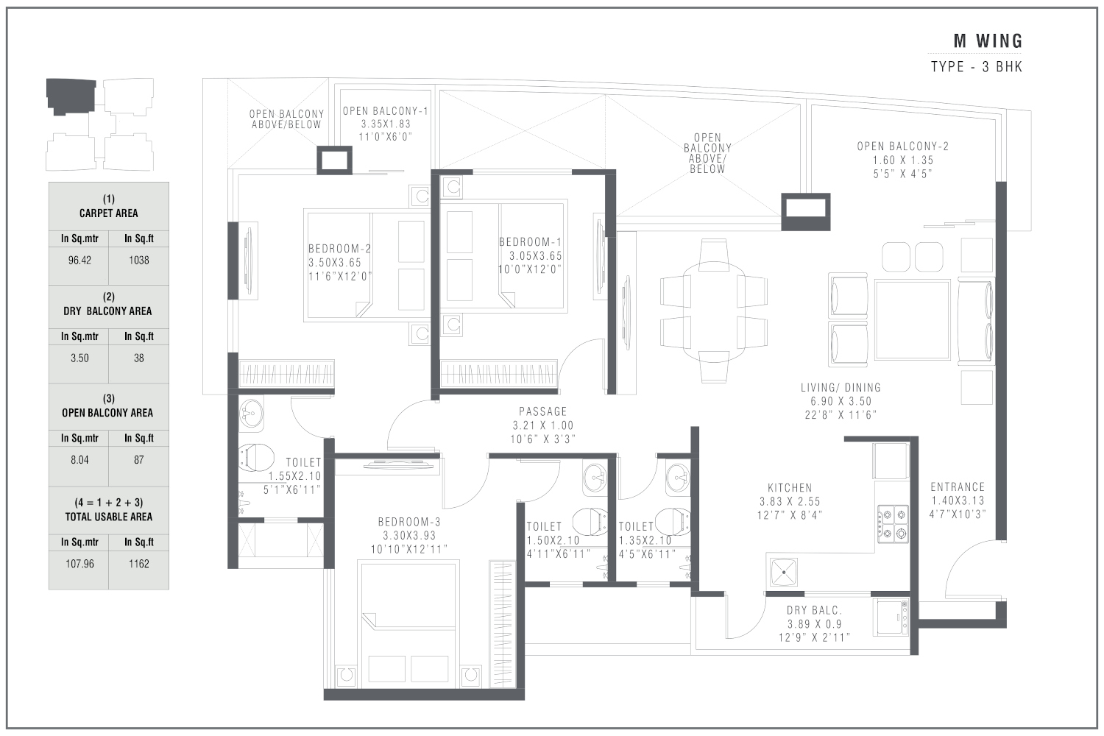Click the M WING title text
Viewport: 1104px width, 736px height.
click(988, 41)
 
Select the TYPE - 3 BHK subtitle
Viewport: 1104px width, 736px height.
click(976, 67)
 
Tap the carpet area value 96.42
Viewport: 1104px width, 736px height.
click(79, 260)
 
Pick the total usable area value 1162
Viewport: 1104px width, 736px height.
click(138, 564)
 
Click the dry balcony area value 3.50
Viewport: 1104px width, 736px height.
click(79, 358)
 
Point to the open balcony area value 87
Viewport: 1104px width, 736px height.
click(138, 460)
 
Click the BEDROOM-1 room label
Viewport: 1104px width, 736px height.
click(530, 242)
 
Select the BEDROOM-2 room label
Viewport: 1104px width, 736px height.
click(339, 249)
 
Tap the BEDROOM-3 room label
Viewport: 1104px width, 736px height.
click(411, 522)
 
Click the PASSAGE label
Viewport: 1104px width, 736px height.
click(543, 411)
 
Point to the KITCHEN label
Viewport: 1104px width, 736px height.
click(790, 487)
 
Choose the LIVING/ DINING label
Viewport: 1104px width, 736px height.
click(841, 387)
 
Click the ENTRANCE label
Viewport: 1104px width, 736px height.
click(957, 486)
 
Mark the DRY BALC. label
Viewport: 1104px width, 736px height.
click(814, 610)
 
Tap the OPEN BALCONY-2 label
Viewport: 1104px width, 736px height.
click(902, 146)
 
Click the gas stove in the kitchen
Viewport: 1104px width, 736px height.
click(891, 523)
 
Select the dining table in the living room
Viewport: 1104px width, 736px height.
click(714, 309)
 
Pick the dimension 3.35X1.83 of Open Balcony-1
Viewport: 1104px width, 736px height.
click(386, 124)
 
